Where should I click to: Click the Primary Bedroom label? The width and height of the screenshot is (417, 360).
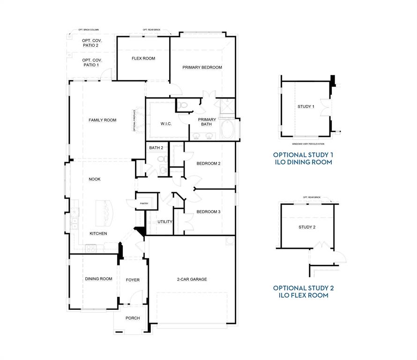coord(202,67)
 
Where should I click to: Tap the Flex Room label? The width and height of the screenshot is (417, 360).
coord(143,59)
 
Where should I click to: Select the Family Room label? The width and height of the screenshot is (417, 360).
coord(102,120)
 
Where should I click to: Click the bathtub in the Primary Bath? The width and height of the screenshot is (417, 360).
coord(228,129)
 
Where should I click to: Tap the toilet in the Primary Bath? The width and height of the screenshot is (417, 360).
coord(183,105)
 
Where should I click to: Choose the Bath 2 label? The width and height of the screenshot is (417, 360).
coord(156,148)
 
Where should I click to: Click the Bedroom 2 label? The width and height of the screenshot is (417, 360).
coord(208,164)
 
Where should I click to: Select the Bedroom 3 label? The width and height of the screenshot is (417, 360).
coord(208,212)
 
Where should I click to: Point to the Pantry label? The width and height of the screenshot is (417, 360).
coord(144,203)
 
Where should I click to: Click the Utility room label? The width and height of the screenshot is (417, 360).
coord(165,222)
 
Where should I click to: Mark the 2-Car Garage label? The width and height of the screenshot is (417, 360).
coord(192,279)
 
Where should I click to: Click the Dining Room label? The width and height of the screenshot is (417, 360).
coord(98,279)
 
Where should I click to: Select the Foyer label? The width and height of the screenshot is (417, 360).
coord(133,280)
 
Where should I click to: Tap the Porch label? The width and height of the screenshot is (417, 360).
coord(133,318)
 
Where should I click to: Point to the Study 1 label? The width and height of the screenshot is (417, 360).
coord(305,107)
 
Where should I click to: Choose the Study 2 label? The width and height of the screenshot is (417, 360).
coord(307,227)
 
